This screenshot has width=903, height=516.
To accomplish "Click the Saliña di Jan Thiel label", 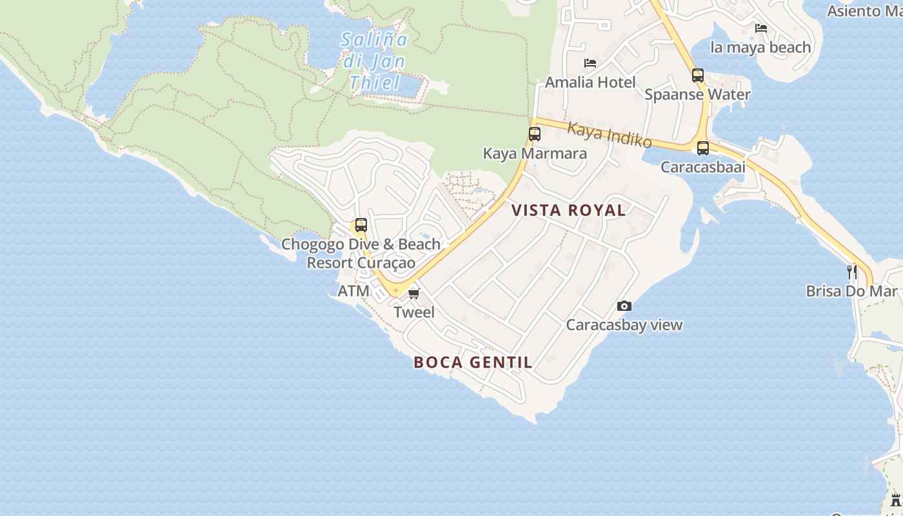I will [375, 61].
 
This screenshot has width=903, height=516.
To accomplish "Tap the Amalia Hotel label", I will [590, 82].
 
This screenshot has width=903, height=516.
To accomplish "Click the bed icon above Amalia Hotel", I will [590, 63].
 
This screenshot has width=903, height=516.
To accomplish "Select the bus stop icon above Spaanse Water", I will [697, 75].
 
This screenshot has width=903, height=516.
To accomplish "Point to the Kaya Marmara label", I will [535, 154].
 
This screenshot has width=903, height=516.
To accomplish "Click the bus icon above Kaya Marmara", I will [535, 134].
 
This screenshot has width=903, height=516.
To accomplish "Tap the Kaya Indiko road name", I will [609, 135].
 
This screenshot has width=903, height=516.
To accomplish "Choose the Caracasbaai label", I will [702, 167].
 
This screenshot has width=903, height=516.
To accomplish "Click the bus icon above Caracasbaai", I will [703, 148].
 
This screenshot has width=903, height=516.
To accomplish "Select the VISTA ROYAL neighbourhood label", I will [568, 210].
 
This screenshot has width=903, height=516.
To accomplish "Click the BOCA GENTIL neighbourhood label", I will [473, 362].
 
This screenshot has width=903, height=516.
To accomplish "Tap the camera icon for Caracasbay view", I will [624, 306].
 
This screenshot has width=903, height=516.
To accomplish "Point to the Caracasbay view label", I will [624, 324].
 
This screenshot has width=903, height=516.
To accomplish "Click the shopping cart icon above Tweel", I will [414, 294].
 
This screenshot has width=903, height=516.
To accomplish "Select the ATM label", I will [353, 291].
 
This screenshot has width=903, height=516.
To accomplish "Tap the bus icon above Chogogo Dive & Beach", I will [361, 225].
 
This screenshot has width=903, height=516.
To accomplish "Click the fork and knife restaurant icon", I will [852, 272].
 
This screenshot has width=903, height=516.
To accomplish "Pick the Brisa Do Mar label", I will [851, 291].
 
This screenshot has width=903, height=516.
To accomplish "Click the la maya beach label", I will [760, 47].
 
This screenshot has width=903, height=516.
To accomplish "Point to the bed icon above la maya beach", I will [761, 28].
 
